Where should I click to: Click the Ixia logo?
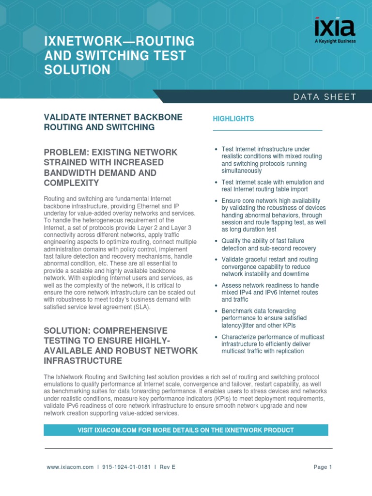[x=335, y=28]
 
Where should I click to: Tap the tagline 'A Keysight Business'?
[x=335, y=41]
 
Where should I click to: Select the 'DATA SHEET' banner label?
[x=324, y=97]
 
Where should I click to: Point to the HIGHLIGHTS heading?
[x=233, y=119]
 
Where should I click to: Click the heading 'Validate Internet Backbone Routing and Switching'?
[x=113, y=123]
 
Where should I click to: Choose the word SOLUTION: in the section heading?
[x=67, y=330]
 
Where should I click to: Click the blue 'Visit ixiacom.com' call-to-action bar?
[x=186, y=430]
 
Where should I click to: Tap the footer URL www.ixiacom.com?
[x=70, y=467]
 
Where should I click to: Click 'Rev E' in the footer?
[x=167, y=467]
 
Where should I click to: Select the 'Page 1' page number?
[x=323, y=467]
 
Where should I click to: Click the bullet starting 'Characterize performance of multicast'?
[x=272, y=344]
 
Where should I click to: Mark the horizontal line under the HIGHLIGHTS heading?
[x=267, y=130]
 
